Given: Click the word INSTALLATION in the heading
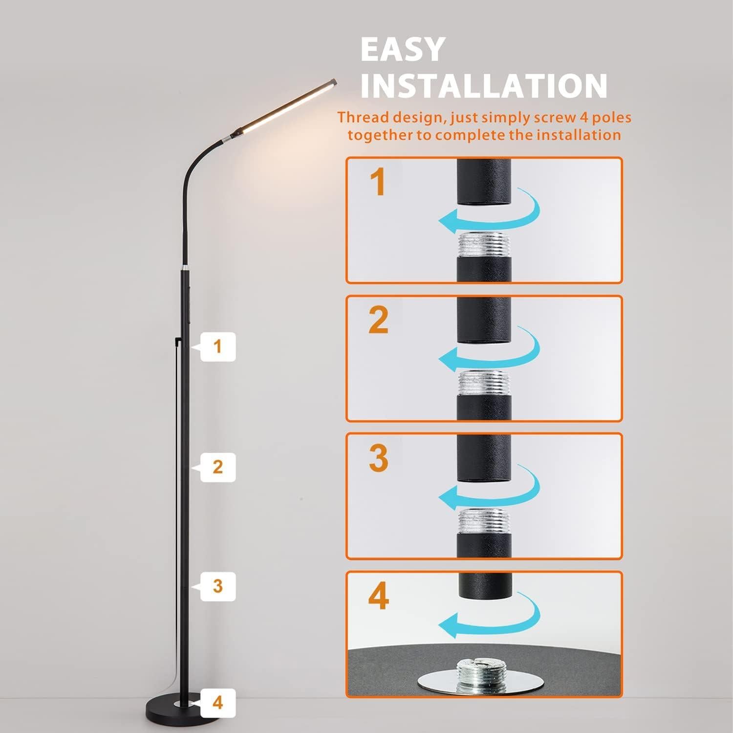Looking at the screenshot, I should pos(483,86).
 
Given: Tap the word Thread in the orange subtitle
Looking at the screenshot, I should pos(363,118).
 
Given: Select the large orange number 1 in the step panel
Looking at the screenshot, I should pos(378,182).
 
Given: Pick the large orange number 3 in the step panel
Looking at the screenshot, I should pos(379,458).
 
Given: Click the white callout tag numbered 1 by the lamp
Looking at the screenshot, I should pos(217,347).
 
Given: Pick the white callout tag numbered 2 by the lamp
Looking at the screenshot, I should pos(217,467).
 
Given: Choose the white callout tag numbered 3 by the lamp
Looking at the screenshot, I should pos(217,586).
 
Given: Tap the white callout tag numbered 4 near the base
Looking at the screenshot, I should pos(217,703).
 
